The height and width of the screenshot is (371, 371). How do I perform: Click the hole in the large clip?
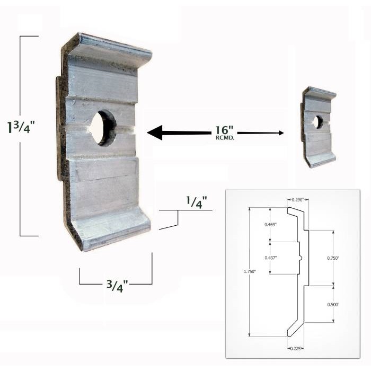[103, 128]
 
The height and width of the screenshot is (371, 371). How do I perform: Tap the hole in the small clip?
[317, 122]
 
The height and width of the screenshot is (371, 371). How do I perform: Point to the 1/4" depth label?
[196, 202]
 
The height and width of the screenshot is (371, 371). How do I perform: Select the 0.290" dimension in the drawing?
[298, 199]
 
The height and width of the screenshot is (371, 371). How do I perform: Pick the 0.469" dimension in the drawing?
[270, 224]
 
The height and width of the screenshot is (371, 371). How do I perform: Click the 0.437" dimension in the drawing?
[270, 258]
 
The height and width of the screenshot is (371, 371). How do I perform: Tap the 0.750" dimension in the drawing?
[333, 258]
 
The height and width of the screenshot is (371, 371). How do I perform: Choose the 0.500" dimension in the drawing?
[333, 304]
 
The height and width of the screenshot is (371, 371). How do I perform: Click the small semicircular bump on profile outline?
[301, 258]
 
